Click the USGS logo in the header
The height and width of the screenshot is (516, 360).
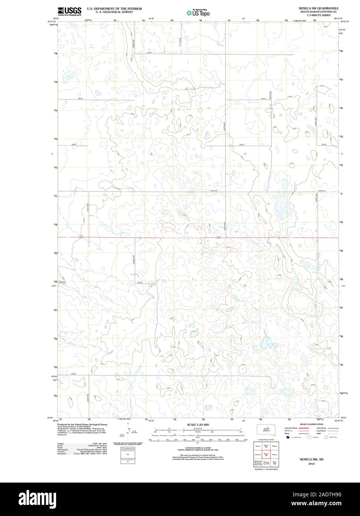69,12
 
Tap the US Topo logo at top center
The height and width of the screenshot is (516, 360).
198,13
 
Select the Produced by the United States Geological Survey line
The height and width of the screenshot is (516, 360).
82,424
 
